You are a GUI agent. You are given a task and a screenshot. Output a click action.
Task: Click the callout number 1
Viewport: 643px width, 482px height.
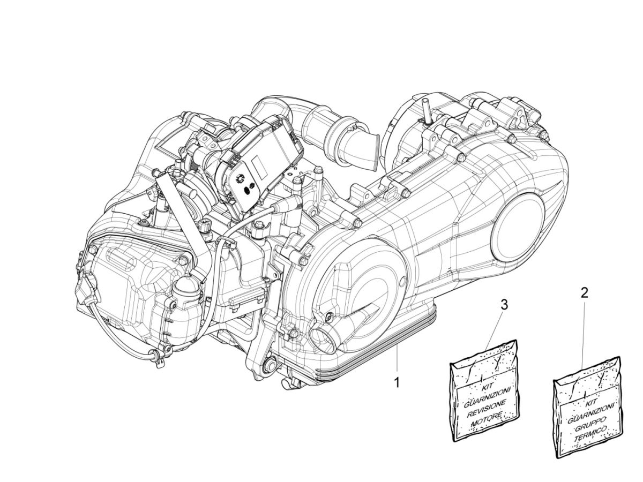tap(397, 383)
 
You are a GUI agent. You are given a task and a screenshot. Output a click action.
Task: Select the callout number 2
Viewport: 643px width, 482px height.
tap(584, 292)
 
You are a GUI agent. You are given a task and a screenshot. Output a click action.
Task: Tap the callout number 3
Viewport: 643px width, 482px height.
tap(504, 305)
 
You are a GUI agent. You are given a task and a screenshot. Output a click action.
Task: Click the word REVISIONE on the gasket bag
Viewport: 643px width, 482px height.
tap(484, 405)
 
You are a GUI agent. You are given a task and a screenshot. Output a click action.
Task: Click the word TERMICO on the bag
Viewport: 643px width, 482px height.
tap(590, 433)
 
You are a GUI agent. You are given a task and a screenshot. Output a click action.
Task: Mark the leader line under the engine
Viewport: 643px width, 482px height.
tap(397, 361)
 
